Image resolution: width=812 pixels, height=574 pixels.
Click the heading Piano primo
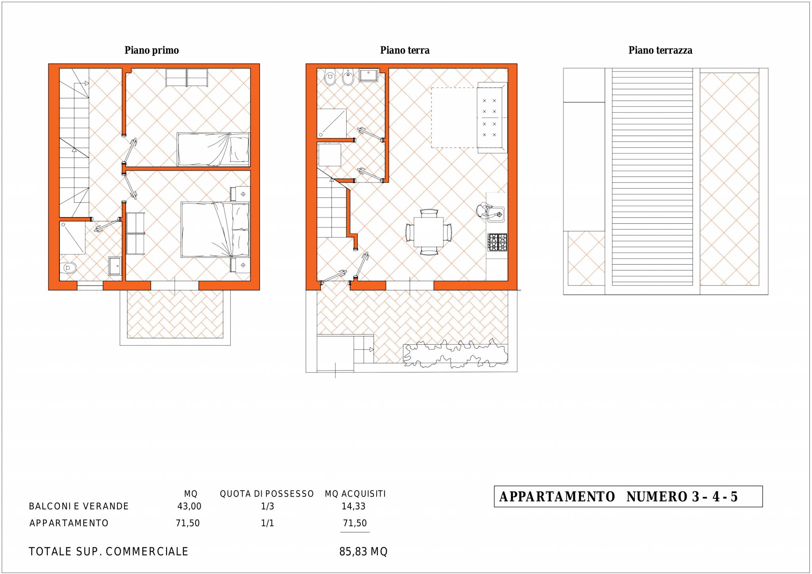[151, 51]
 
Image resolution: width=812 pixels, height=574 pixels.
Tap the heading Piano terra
[405, 50]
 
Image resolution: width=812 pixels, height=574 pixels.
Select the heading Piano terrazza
[661, 50]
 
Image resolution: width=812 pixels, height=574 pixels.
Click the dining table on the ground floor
[429, 232]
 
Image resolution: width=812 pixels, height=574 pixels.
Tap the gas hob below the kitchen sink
[497, 242]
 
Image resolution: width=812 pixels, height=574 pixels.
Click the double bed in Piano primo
[215, 230]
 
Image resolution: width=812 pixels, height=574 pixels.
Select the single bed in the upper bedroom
[213, 150]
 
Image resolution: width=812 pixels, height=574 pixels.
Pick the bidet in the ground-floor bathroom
[348, 78]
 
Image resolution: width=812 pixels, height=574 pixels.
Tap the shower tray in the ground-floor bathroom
[332, 123]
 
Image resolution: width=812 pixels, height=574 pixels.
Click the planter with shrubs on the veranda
[456, 354]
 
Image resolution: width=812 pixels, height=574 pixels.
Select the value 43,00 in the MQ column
[190, 506]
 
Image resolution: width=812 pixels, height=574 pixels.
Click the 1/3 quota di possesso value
[268, 506]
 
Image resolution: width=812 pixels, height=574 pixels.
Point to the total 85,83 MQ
[364, 552]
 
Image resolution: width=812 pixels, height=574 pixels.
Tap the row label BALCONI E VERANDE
[79, 506]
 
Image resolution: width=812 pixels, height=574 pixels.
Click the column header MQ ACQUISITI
[355, 494]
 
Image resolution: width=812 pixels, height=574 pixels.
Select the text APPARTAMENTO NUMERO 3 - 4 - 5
[619, 497]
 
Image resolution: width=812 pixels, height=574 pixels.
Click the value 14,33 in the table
[354, 506]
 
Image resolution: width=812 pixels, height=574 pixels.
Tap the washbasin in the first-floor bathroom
[115, 266]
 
